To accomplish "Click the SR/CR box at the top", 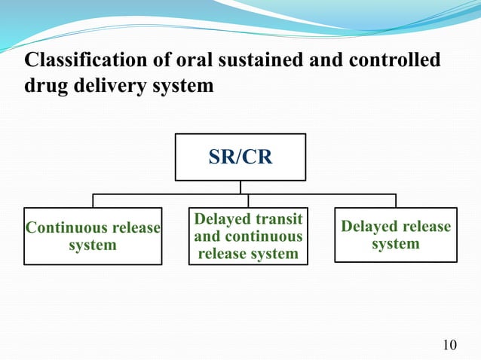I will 240,157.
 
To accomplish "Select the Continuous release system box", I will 93,236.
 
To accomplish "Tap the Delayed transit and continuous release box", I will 248,236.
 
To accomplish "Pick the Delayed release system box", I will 395,234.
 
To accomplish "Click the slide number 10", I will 449,346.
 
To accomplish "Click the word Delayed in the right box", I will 369,227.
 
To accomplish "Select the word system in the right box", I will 395,244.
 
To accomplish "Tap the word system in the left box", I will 93,246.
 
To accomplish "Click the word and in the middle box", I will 207,236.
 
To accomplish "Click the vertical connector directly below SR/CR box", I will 240,187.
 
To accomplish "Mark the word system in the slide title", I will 183,86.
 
